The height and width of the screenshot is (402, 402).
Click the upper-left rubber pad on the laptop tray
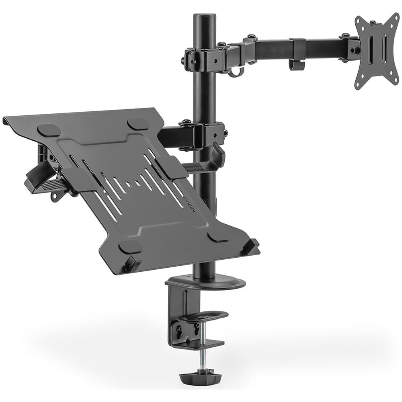point(50,130)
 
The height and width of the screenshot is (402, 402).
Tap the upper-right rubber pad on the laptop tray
point(138,123)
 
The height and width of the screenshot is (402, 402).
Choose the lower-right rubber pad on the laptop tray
point(219,235)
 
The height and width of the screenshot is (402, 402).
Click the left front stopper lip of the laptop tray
point(132,264)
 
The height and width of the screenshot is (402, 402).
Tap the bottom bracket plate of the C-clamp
point(201,344)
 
